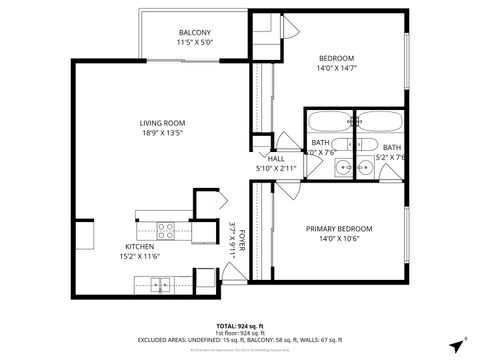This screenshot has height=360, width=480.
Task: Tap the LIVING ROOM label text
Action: pos(161,122)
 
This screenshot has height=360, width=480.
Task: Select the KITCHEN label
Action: pos(140,247)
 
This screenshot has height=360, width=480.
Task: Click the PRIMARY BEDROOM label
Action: pos(339,229)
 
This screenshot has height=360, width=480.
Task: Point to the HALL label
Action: pos(276,159)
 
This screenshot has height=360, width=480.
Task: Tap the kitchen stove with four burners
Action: pos(165,228)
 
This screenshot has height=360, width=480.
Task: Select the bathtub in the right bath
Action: pos(381,123)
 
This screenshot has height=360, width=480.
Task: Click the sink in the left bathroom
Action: pos(343,167)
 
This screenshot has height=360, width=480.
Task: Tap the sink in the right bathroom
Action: pos(364,167)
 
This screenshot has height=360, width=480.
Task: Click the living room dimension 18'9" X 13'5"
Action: pos(161,132)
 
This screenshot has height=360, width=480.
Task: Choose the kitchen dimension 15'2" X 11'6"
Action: pos(140,257)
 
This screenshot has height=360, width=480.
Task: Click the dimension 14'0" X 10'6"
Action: pos(339,239)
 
